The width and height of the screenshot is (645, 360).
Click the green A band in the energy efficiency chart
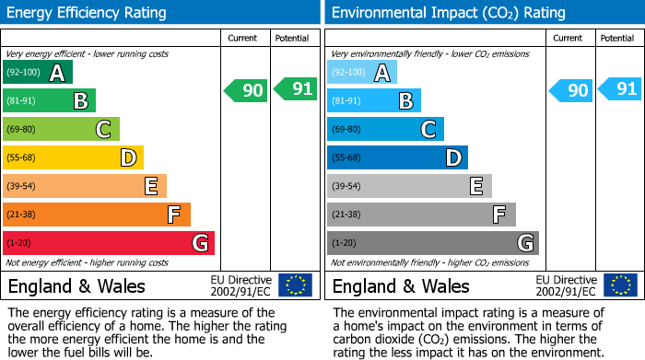tap(38, 73)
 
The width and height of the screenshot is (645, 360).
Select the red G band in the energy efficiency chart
tap(109, 243)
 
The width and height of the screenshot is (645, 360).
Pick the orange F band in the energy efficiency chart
tap(97, 215)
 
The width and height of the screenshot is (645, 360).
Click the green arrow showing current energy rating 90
tap(246, 90)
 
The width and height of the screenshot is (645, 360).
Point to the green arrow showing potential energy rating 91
tap(296, 89)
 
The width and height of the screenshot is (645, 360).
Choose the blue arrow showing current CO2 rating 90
tap(570, 90)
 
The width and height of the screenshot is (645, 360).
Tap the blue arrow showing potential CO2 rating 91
tap(620, 89)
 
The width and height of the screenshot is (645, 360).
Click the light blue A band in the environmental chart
tap(362, 73)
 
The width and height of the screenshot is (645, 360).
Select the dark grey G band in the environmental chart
tap(433, 243)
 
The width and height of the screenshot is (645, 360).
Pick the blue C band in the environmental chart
tap(385, 130)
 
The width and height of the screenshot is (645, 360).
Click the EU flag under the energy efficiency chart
tap(295, 285)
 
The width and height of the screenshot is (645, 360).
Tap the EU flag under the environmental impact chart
tap(619, 285)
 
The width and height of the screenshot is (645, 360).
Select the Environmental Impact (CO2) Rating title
tap(447, 13)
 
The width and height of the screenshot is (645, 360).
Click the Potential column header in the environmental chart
tap(617, 38)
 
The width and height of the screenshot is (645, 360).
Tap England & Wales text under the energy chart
tap(76, 286)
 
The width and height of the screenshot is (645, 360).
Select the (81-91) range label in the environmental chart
tap(346, 101)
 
